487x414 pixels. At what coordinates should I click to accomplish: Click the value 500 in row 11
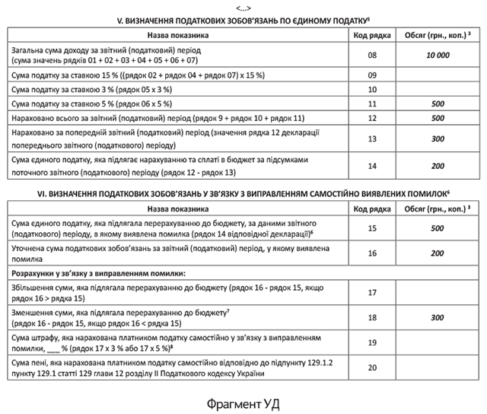coord(438,105)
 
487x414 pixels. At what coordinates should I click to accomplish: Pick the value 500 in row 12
coord(438,119)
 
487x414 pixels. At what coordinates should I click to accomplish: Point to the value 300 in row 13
coord(438,139)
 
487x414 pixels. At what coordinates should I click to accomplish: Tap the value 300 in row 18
coord(438,317)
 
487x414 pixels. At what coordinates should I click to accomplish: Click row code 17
coord(372,292)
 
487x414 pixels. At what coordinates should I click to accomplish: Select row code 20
coord(372,368)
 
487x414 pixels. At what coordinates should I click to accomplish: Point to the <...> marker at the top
coord(243,5)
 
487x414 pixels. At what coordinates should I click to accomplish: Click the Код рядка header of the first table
coord(372,35)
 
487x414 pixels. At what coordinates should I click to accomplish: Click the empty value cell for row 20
coord(438,368)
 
